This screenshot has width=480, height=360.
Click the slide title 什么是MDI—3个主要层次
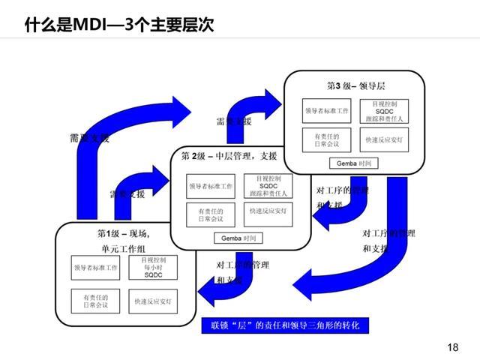tap(118, 25)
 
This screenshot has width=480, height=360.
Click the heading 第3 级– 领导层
tap(355, 85)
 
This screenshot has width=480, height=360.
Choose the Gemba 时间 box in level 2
tap(239, 238)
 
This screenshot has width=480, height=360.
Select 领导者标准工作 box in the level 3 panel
tap(326, 110)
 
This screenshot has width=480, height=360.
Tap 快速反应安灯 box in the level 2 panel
tap(268, 211)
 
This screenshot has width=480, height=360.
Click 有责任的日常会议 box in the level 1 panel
tap(95, 301)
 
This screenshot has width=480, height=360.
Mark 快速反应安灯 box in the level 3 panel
tap(384, 139)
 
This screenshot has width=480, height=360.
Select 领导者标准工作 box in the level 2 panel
tap(211, 185)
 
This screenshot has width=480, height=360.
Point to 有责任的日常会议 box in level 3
tap(326, 139)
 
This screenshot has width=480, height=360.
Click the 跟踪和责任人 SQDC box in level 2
tap(268, 185)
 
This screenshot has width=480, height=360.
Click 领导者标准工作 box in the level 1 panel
tap(95, 268)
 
